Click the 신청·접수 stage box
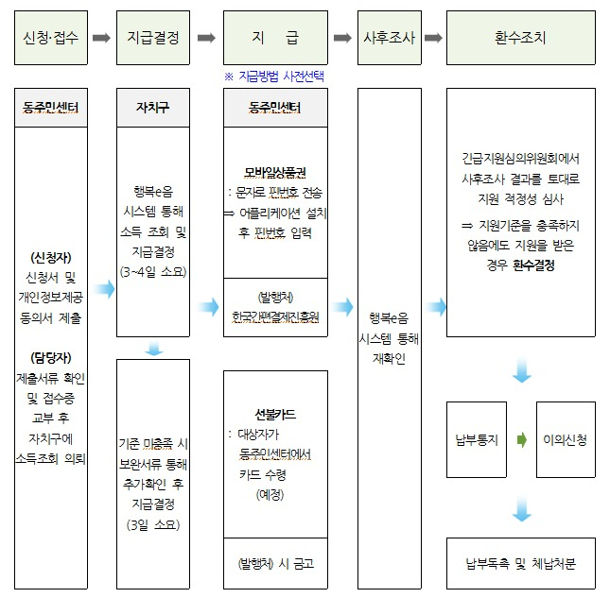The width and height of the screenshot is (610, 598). click(x=51, y=38)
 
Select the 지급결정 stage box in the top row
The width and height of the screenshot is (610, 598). click(x=153, y=38)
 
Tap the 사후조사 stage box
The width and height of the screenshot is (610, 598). click(x=390, y=38)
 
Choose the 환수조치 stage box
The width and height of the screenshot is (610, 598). click(x=521, y=38)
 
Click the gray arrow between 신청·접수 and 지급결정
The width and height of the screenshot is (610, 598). click(x=101, y=38)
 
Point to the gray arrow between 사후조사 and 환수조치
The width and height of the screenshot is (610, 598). click(x=433, y=38)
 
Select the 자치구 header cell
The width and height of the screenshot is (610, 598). click(x=153, y=108)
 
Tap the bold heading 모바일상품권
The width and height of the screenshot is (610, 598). click(x=275, y=172)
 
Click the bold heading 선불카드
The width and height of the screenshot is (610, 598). click(x=275, y=415)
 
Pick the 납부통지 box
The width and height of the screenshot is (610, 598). click(x=477, y=439)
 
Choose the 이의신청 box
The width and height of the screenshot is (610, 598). click(x=566, y=439)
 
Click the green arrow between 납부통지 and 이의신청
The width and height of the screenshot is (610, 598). click(x=522, y=440)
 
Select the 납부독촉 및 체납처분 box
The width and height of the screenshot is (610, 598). click(x=521, y=563)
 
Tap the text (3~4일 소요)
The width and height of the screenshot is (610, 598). click(x=153, y=272)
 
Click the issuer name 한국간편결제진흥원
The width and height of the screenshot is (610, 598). click(x=275, y=317)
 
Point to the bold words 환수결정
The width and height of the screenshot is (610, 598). click(x=533, y=265)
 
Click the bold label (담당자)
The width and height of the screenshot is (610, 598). click(x=51, y=357)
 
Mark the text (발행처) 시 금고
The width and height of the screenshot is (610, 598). click(x=275, y=563)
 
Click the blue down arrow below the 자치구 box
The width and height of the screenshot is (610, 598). click(x=154, y=349)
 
